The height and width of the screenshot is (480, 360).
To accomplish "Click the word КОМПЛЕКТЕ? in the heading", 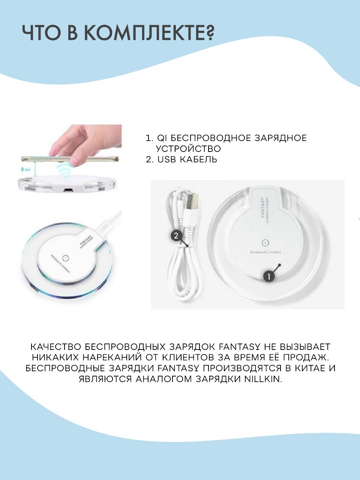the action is [x=149, y=33].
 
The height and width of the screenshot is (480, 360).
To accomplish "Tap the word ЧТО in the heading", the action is [x=42, y=33].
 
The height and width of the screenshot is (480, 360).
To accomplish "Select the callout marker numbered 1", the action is [x=268, y=277].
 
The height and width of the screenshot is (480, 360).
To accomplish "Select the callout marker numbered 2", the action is [x=176, y=236].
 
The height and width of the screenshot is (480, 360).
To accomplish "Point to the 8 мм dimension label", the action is [x=25, y=169].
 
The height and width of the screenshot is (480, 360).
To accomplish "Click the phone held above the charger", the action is [x=70, y=159].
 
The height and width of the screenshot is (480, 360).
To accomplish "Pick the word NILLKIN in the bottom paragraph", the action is [x=263, y=379].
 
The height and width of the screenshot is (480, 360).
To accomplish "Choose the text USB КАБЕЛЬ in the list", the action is [x=187, y=160].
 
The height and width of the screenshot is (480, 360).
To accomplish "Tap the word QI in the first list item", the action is [x=162, y=138].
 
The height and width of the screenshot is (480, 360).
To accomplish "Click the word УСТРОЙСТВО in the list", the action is [x=188, y=149].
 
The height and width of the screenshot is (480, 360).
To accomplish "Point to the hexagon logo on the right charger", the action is [x=265, y=243].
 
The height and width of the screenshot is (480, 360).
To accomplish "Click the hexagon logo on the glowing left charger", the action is [x=65, y=258].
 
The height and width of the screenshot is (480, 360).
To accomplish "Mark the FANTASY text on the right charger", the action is [x=263, y=207].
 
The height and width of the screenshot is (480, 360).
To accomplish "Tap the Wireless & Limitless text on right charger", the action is [x=265, y=252].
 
